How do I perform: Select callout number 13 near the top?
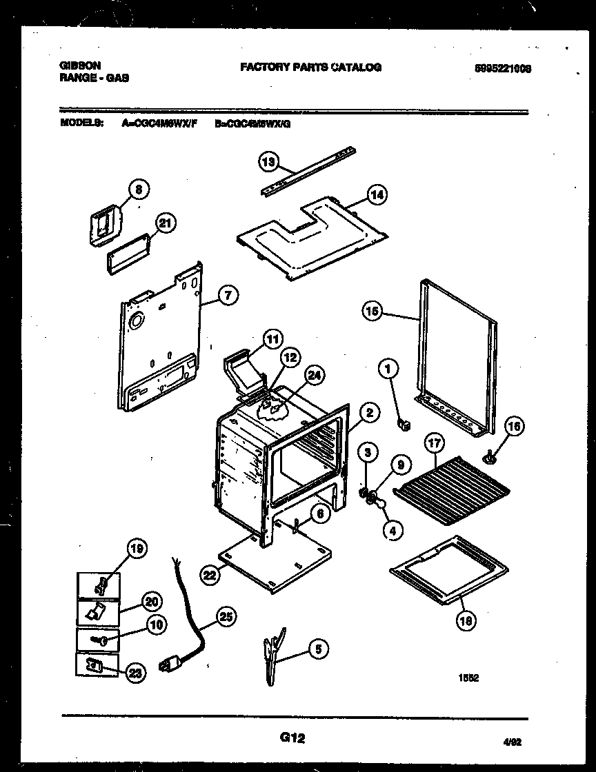point(268,162)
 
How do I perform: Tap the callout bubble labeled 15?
point(372,312)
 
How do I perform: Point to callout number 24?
point(315,376)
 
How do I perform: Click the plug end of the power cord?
point(167,666)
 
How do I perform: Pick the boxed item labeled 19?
point(97,586)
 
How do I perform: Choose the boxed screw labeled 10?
point(97,640)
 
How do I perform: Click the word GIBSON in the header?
point(81,65)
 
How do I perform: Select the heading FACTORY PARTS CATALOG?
point(310,67)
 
